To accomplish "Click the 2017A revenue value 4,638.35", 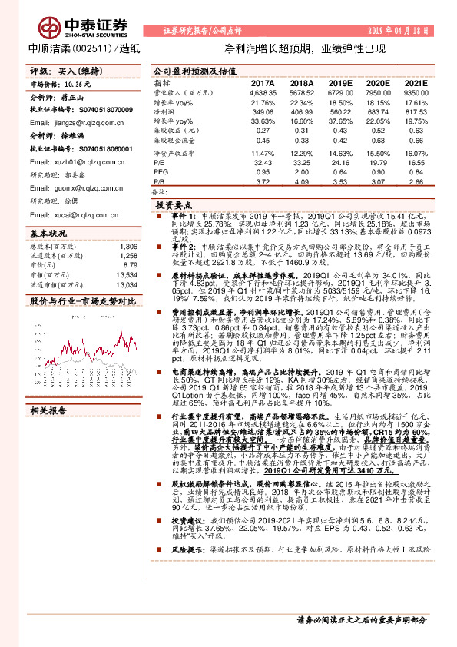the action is click(x=262, y=93).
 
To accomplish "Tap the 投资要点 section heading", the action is click(x=174, y=207).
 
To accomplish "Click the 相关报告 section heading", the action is click(x=48, y=411).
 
